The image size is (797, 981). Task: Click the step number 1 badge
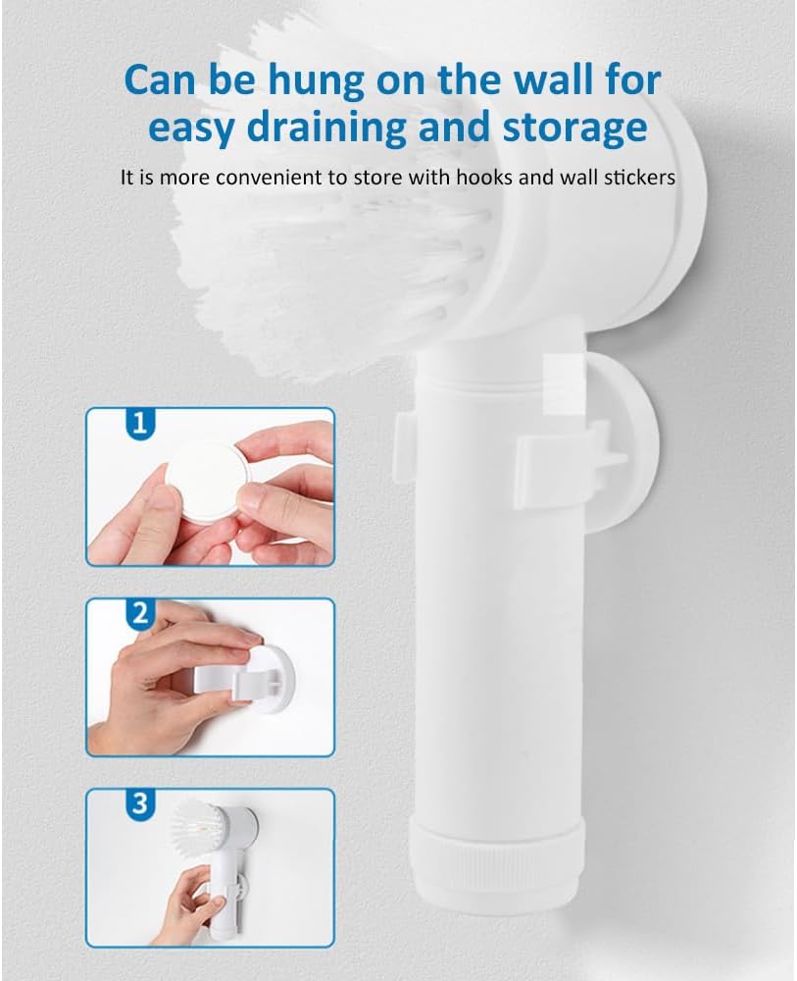(x=140, y=424)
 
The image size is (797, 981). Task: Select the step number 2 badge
(x=140, y=615)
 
